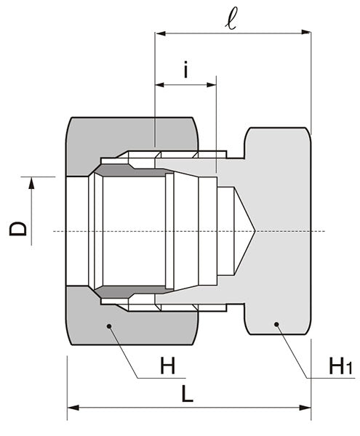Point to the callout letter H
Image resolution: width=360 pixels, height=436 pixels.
[x=168, y=366]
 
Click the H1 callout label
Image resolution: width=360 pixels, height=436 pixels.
[x=340, y=366]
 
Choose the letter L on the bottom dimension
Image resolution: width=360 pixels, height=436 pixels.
[x=188, y=395]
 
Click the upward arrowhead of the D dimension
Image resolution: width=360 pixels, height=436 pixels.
[x=31, y=183]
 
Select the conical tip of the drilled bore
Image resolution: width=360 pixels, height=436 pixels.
[x=252, y=232]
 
